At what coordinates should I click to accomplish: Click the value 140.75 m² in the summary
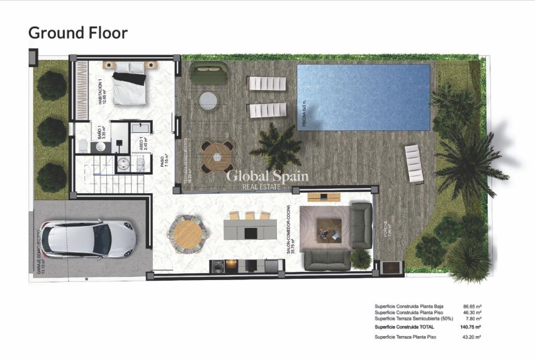point(471,327)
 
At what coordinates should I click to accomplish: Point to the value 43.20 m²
point(471,338)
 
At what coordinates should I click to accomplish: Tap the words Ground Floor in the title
point(78,32)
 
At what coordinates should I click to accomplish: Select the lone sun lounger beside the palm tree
point(414,163)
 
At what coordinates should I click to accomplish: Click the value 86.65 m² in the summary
point(473,307)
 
